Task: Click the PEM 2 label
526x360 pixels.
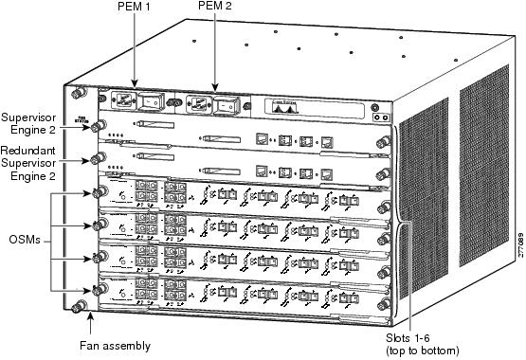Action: coord(214,9)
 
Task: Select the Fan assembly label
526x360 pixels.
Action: coord(113,346)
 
